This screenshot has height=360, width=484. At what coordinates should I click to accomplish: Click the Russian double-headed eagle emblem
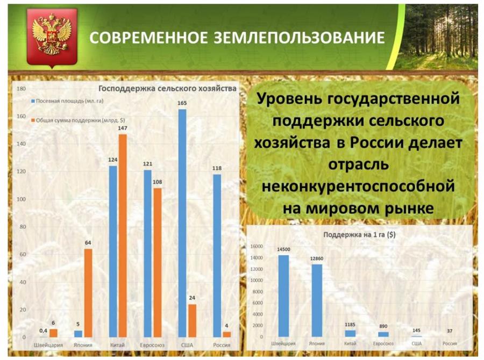coord(52,37)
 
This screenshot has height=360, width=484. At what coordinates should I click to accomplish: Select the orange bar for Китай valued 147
coord(123,236)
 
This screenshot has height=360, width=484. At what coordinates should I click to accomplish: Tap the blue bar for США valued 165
coord(182,224)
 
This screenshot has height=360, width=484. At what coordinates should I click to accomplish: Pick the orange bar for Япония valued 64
coord(88,293)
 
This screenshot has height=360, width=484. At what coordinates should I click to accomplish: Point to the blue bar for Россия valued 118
coord(217,256)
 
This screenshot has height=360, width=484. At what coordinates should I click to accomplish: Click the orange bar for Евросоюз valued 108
coord(158,263)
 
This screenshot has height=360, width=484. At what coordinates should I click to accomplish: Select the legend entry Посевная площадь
coord(67,101)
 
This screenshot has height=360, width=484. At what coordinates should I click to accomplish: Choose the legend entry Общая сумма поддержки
coord(78,120)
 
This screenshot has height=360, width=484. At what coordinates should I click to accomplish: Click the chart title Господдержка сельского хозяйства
coord(167,89)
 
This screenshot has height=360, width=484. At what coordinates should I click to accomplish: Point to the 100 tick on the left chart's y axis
coord(22,199)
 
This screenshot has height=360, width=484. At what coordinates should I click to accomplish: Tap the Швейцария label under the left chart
coord(48,345)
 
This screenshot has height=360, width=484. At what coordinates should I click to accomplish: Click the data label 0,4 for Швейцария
coord(43,330)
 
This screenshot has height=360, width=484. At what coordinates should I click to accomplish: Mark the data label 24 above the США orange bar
coord(192,298)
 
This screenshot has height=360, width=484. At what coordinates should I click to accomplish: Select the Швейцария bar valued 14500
coord(283,296)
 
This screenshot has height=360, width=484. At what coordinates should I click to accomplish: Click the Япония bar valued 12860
coord(317,300)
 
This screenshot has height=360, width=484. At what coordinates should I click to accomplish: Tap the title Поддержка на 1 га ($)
coord(359,234)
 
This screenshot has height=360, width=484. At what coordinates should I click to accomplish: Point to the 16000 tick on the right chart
coord(257,246)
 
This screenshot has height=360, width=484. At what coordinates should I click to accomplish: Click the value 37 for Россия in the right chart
coord(450,331)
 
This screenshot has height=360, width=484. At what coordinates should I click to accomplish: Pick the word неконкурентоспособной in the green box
coord(358,186)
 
